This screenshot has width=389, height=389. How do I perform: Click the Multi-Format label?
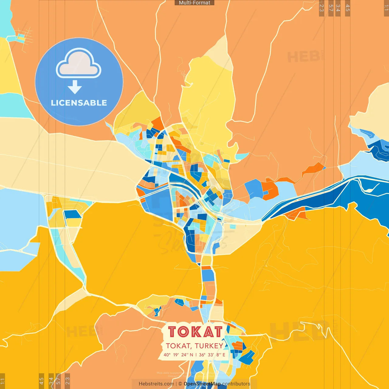(x=194, y=3)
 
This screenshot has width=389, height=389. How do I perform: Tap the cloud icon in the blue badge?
(x=78, y=63)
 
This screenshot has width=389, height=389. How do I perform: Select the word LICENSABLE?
(x=79, y=103)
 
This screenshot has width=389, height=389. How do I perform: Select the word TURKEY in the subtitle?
(x=209, y=346)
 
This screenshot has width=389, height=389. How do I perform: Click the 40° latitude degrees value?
(x=167, y=355)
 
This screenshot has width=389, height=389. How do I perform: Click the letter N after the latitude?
(x=191, y=355)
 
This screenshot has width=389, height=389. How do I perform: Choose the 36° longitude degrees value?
(x=202, y=355)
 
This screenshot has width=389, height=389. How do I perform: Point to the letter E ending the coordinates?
(x=224, y=355)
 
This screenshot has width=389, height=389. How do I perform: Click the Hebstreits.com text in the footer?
(x=156, y=384)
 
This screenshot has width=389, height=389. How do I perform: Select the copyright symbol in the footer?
(x=180, y=384)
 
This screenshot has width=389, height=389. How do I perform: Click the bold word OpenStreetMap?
(x=202, y=384)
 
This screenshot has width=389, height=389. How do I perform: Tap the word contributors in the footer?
(x=236, y=384)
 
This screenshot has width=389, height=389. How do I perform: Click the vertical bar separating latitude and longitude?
(x=196, y=355)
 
